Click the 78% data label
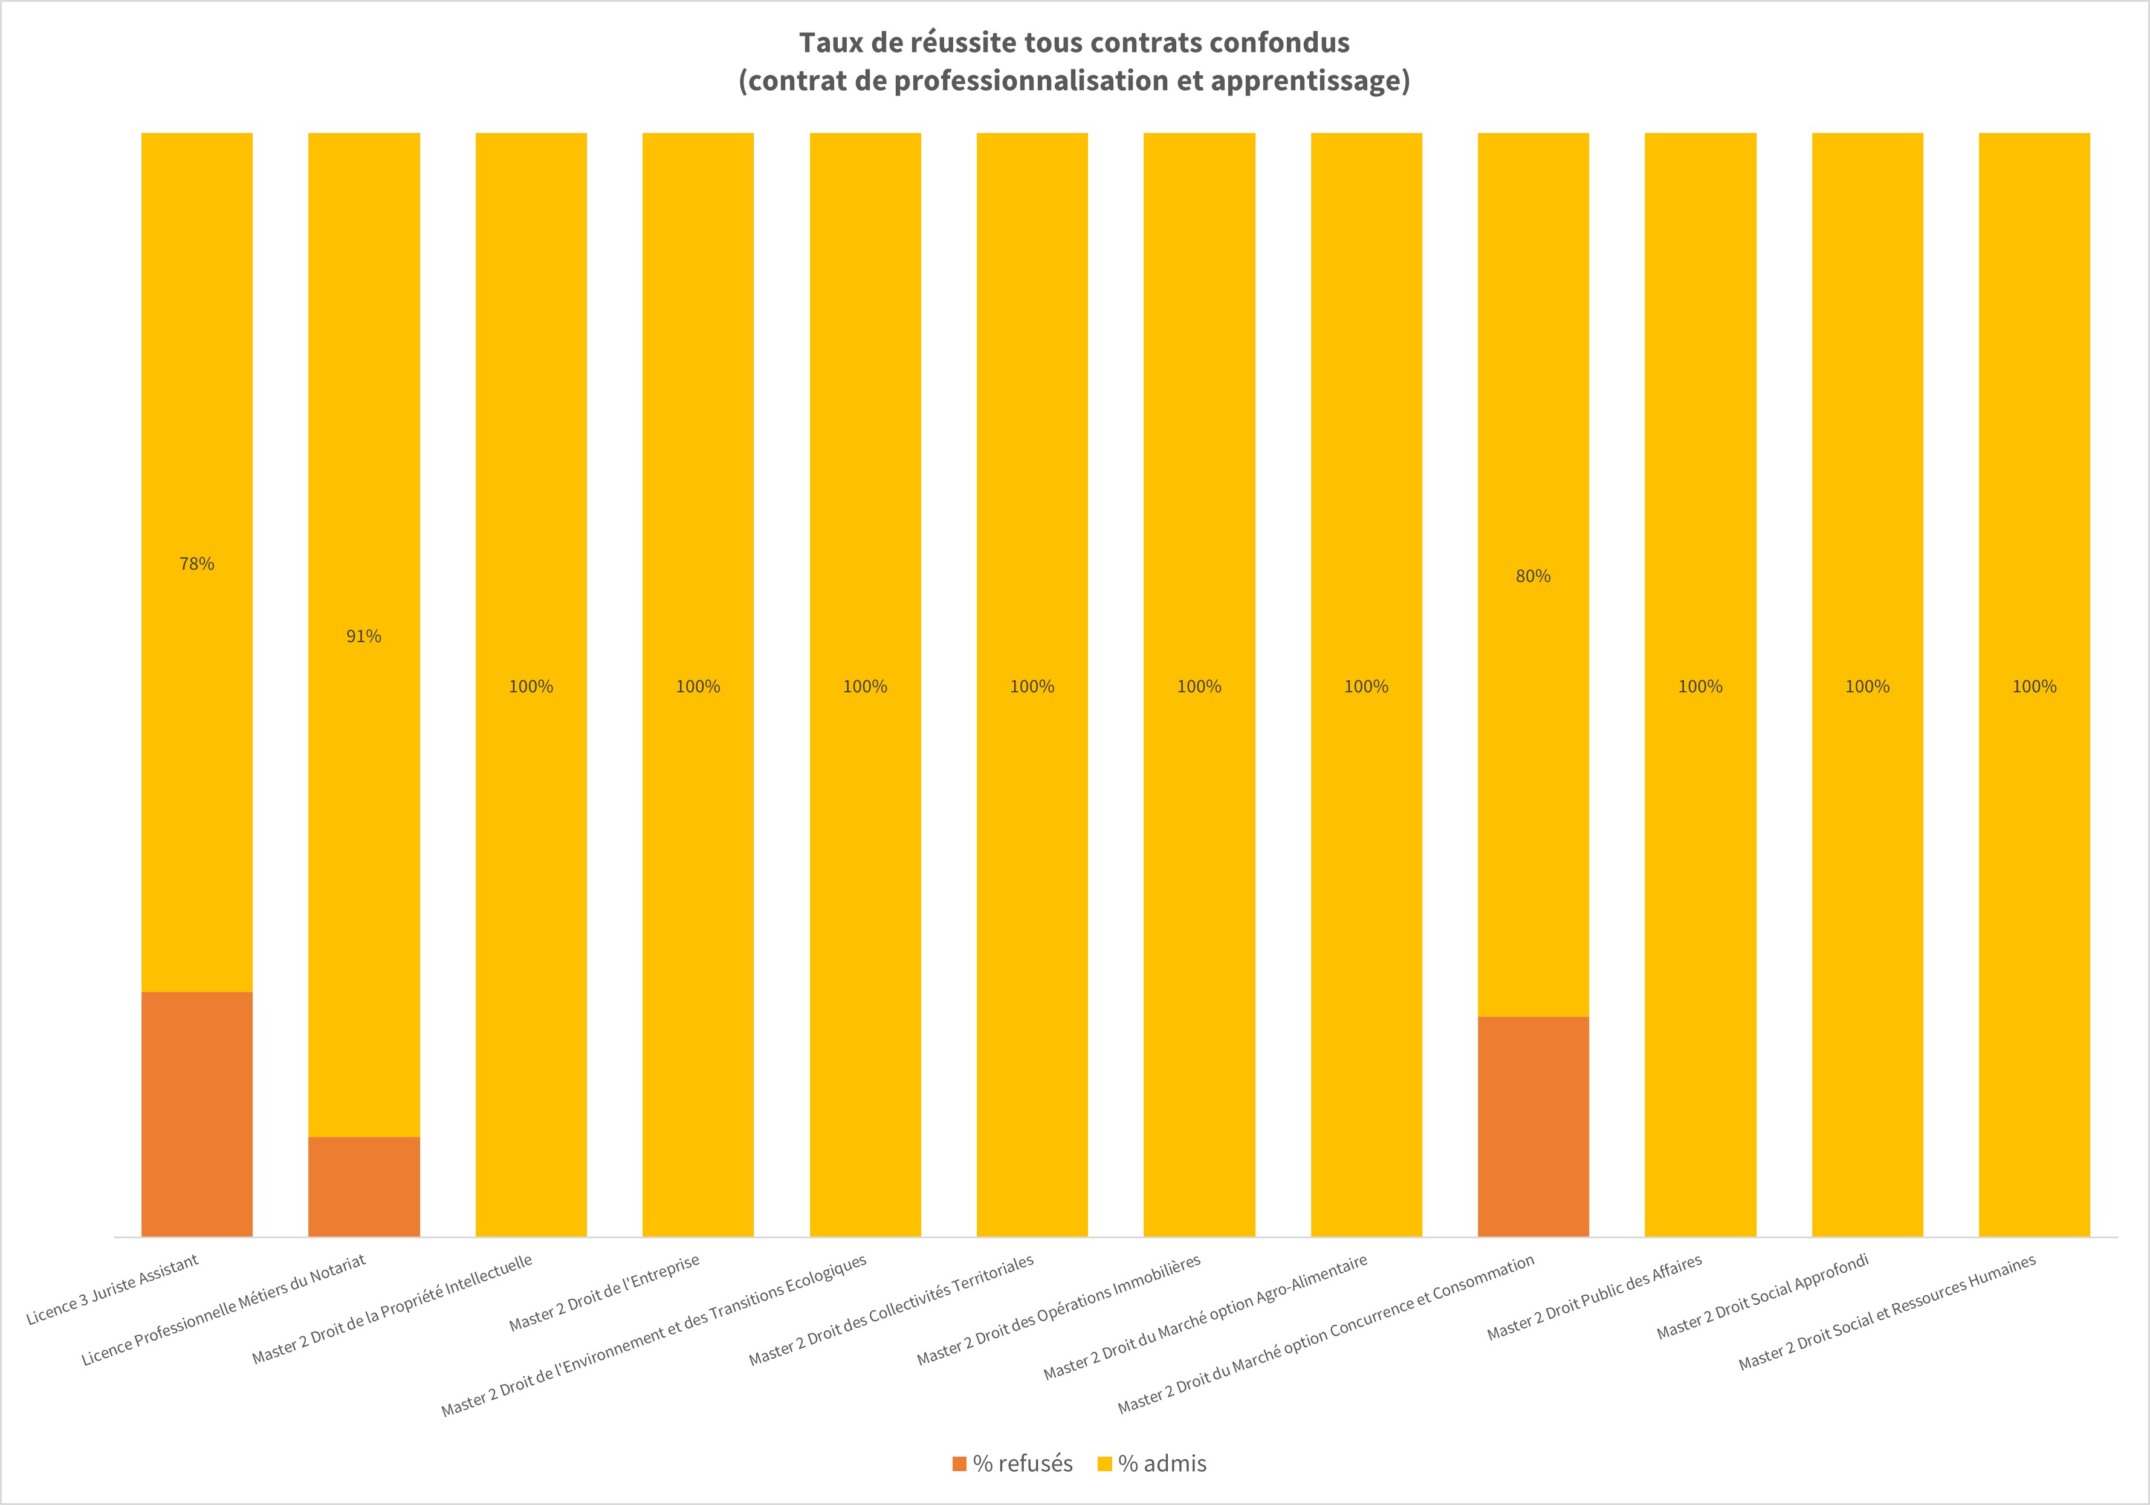[196, 564]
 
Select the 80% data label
[1533, 577]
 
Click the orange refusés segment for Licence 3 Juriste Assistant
[196, 1114]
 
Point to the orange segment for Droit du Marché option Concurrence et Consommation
[1533, 1126]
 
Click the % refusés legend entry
[1012, 1464]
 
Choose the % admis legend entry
[1152, 1464]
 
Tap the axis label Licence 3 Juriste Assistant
[112, 1290]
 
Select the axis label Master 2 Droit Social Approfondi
[1763, 1296]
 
